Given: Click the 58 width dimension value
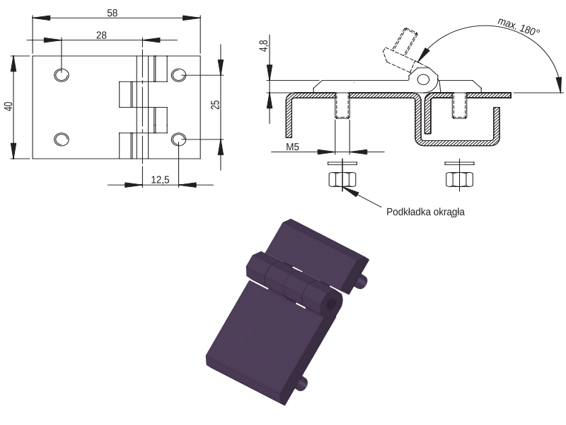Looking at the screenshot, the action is (x=112, y=13).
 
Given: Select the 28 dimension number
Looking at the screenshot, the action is (x=101, y=35).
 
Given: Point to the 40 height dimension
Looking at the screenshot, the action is (x=8, y=106).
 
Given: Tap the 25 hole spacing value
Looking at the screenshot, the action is (x=215, y=105).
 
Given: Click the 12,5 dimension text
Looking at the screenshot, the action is (x=160, y=180).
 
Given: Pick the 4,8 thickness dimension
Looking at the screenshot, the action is (x=263, y=46).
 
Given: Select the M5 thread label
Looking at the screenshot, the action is (x=293, y=147).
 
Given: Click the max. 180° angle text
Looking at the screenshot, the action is (x=519, y=26).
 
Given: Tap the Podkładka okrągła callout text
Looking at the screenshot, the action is (x=425, y=212).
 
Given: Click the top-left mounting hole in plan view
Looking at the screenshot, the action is (x=62, y=75).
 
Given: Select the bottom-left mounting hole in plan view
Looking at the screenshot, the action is (x=62, y=140).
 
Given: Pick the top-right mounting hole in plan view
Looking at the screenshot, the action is (x=178, y=75).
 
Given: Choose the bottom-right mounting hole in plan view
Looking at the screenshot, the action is (x=178, y=140).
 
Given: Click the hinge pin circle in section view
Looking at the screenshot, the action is (x=423, y=79).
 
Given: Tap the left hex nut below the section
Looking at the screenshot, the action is (x=342, y=180).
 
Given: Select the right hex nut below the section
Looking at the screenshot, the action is (x=459, y=180).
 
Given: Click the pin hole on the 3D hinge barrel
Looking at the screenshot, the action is (x=330, y=305).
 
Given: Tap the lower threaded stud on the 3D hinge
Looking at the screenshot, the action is (x=302, y=383).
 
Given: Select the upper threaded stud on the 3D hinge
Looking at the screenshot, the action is (x=362, y=281).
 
